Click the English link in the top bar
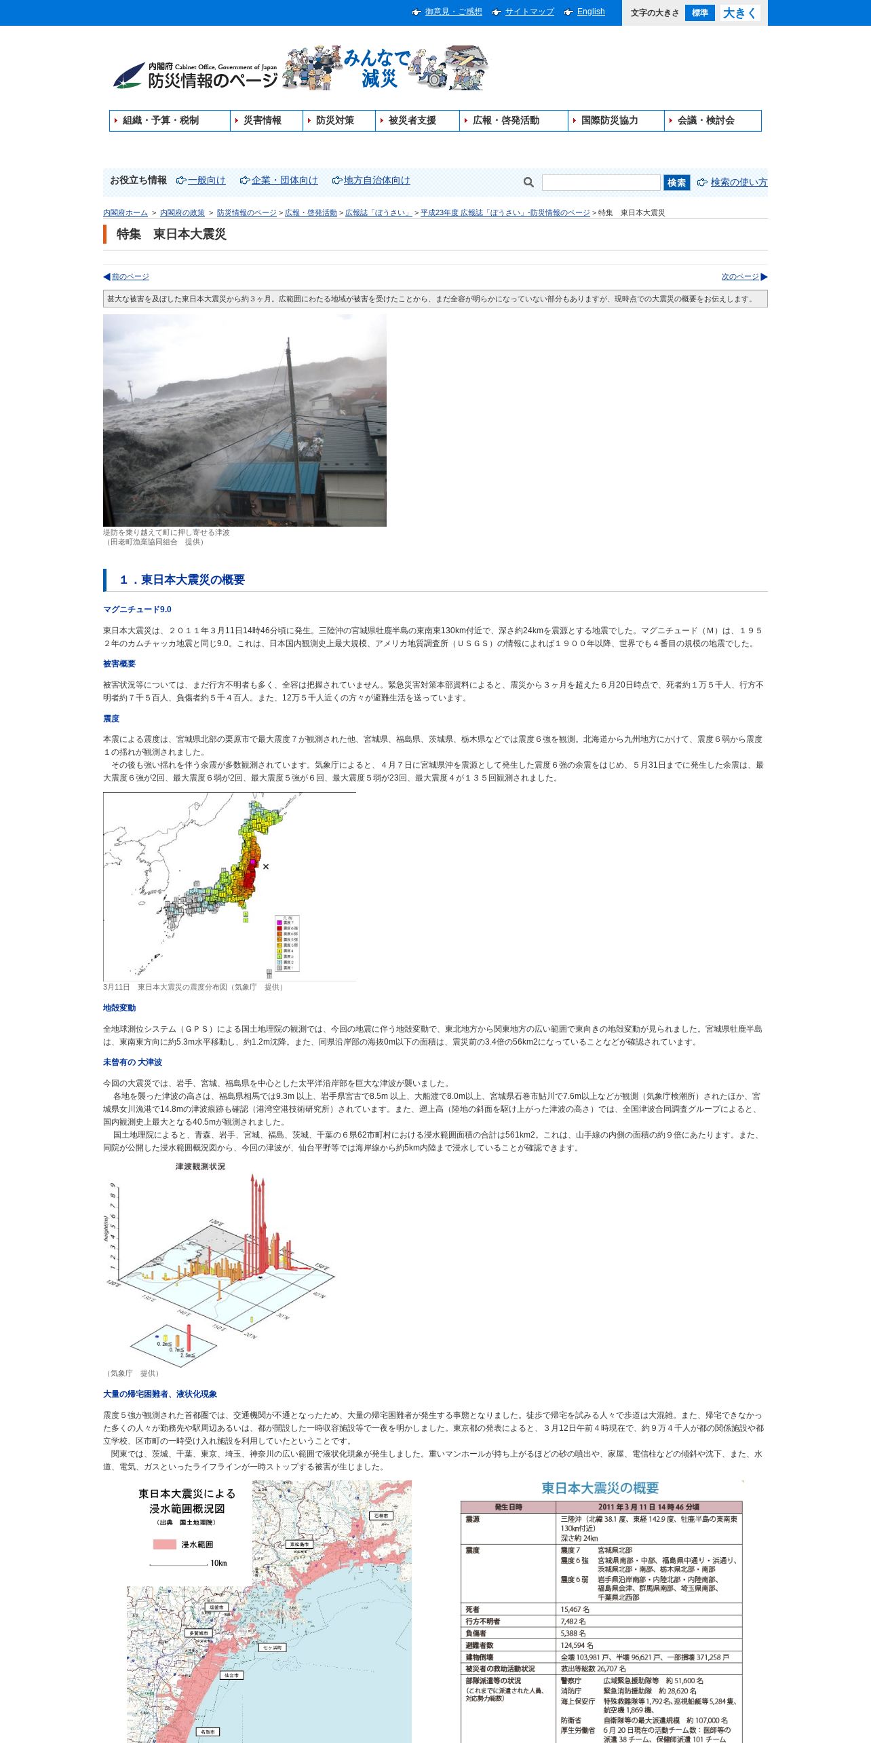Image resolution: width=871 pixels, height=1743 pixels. pyautogui.click(x=590, y=12)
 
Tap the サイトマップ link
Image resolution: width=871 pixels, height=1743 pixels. pyautogui.click(x=529, y=12)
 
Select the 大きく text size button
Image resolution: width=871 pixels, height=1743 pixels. pyautogui.click(x=739, y=13)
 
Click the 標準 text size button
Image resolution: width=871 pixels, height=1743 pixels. pyautogui.click(x=699, y=13)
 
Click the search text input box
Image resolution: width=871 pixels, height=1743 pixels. pyautogui.click(x=600, y=182)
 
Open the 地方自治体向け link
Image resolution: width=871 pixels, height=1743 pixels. pyautogui.click(x=376, y=180)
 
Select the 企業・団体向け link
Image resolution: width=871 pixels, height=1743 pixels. pyautogui.click(x=284, y=180)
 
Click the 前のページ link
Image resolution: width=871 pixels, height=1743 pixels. pyautogui.click(x=130, y=277)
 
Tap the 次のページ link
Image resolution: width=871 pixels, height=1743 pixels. pyautogui.click(x=740, y=277)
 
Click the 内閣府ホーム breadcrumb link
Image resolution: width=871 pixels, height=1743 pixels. pyautogui.click(x=125, y=212)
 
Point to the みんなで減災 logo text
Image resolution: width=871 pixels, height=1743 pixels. pyautogui.click(x=377, y=69)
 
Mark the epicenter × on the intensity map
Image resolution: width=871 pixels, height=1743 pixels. pyautogui.click(x=266, y=866)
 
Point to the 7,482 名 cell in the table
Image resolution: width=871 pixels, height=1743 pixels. pyautogui.click(x=573, y=1621)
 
